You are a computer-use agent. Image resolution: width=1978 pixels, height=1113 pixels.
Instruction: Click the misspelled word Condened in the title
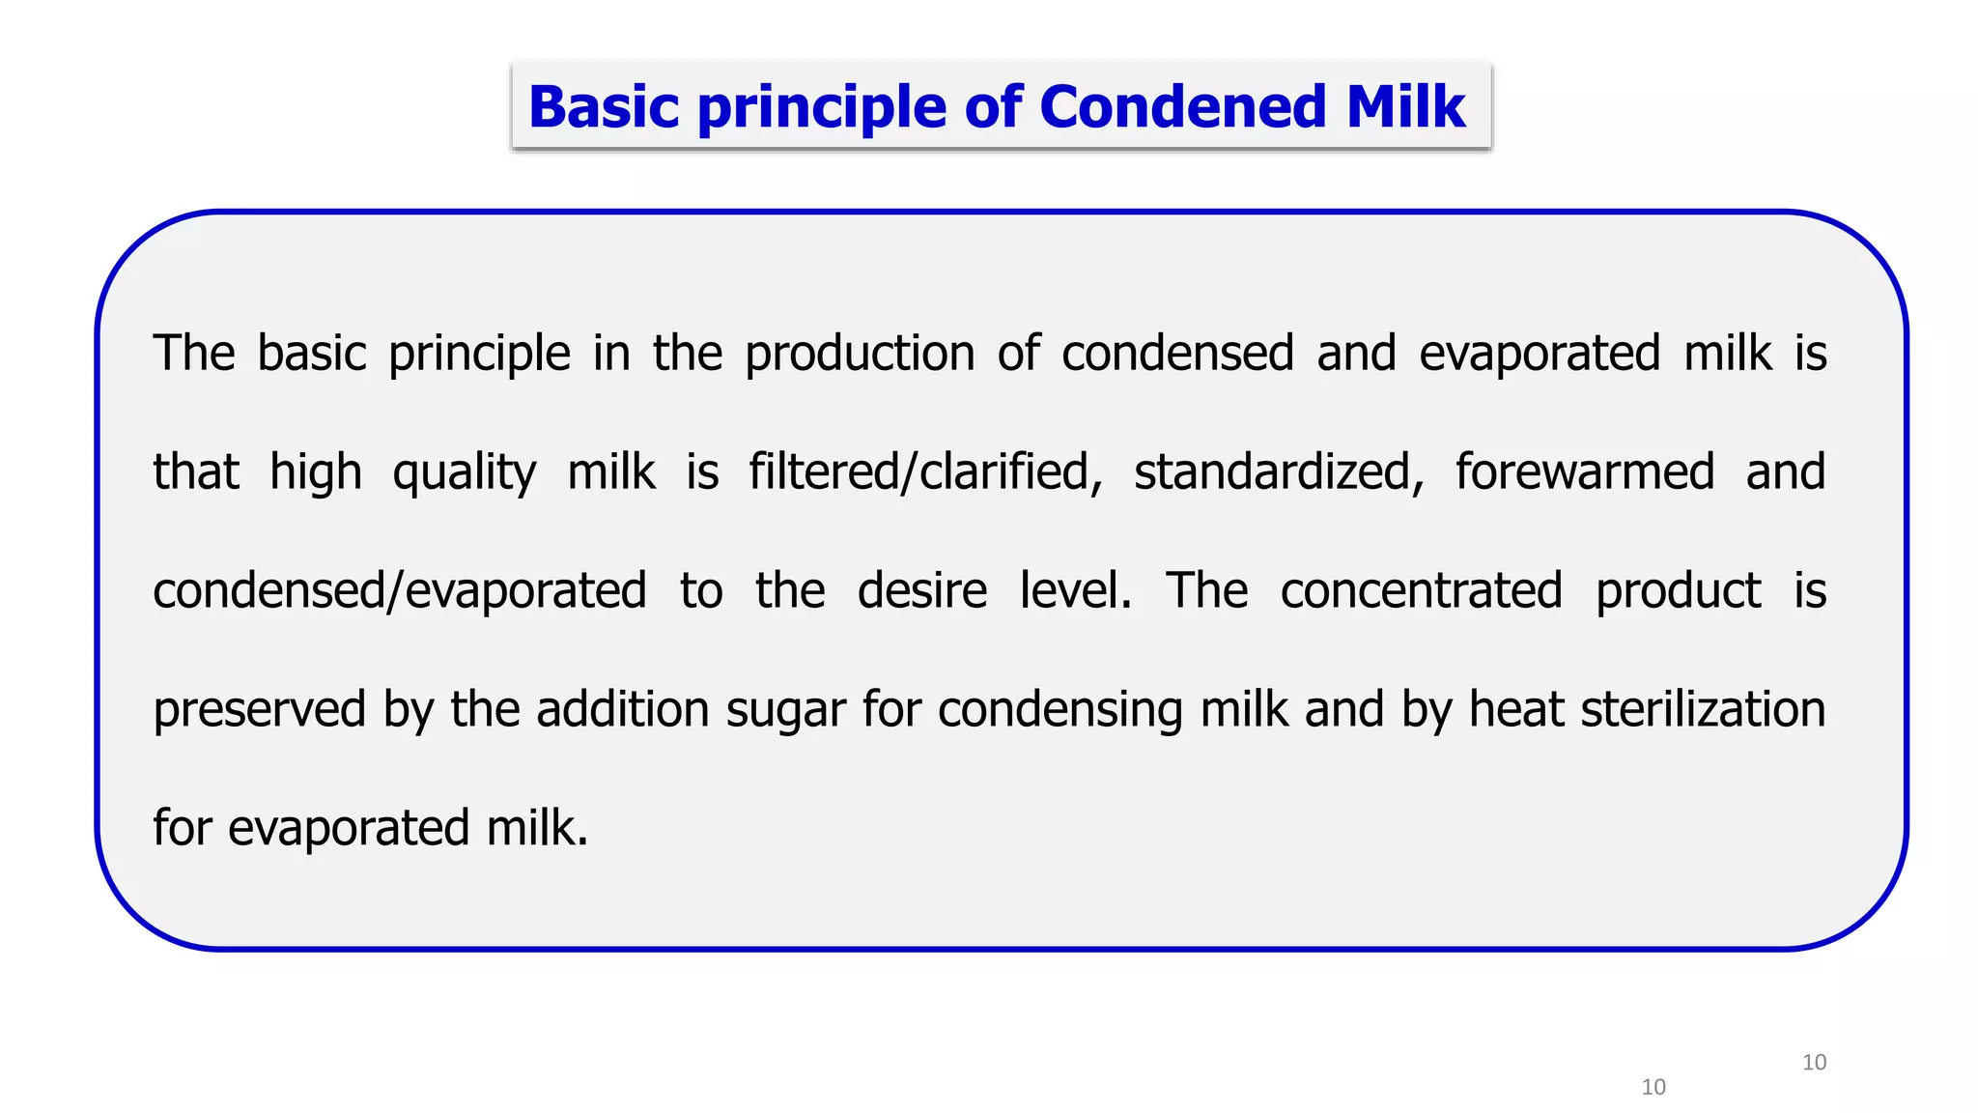(1182, 106)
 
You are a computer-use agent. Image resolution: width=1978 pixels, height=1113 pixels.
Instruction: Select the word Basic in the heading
(604, 106)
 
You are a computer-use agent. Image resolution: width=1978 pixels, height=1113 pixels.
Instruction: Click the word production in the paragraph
(860, 354)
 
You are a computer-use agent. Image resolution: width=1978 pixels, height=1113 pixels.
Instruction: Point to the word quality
(464, 473)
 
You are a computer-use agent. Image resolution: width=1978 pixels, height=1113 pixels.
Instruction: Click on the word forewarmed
(1585, 472)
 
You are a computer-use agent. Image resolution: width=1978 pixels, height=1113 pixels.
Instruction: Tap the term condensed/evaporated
(400, 591)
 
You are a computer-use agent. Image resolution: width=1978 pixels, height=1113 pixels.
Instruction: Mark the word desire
(922, 591)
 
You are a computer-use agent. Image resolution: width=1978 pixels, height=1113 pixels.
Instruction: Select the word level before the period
(1072, 591)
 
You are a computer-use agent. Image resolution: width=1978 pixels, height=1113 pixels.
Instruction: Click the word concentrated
(1421, 591)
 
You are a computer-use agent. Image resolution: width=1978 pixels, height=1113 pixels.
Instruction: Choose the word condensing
(1060, 710)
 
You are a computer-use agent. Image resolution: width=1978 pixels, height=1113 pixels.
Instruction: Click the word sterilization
(1703, 710)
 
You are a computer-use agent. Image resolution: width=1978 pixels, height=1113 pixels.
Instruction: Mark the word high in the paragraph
(316, 473)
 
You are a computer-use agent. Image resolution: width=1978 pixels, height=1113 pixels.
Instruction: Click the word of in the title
(993, 106)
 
